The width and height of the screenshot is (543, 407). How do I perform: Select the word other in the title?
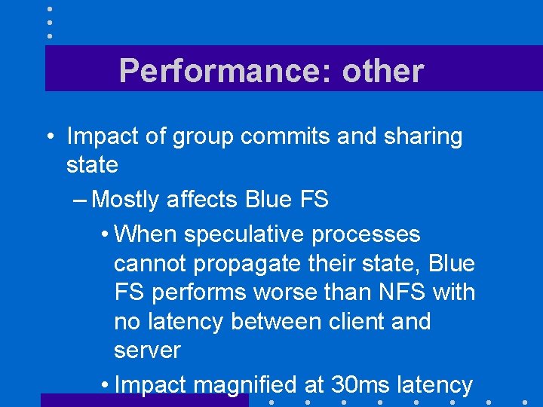[x=383, y=71]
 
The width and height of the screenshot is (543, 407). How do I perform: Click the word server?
[x=148, y=351]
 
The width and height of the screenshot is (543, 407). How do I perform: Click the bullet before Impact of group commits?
[x=48, y=138]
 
